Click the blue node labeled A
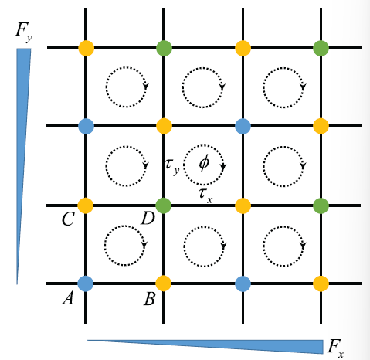tap(86, 284)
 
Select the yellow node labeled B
tap(164, 284)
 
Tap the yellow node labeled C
tap(86, 205)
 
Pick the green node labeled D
tap(164, 205)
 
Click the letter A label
tap(68, 299)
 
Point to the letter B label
tap(149, 299)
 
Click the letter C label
tap(68, 219)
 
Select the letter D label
tap(148, 219)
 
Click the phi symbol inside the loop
tap(204, 163)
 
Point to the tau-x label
tap(205, 195)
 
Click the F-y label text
tap(24, 32)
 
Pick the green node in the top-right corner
tap(321, 48)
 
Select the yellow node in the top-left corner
tap(86, 48)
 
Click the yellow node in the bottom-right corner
tap(321, 284)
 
